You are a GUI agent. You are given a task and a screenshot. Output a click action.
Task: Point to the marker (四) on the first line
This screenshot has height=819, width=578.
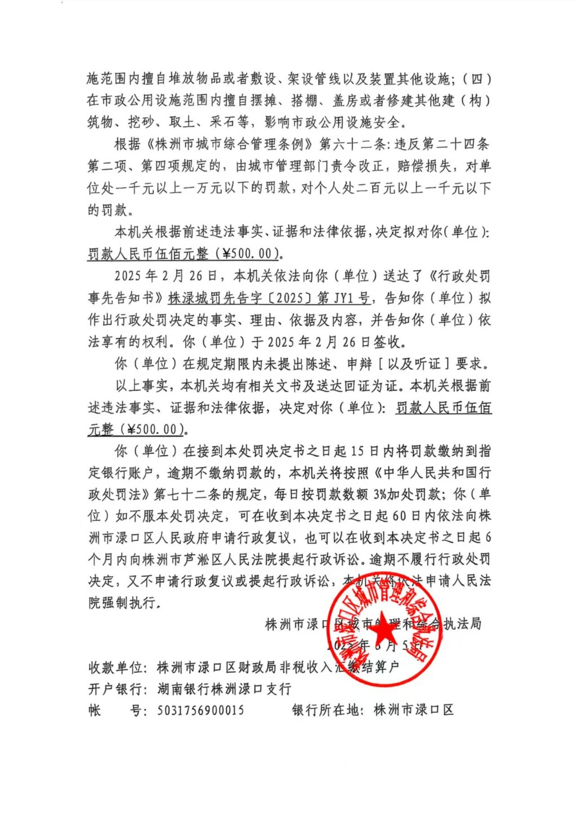477,78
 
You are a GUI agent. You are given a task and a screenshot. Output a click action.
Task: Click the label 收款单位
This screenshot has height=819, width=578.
116,668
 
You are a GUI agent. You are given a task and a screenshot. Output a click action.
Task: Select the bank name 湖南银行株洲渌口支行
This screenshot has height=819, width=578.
224,689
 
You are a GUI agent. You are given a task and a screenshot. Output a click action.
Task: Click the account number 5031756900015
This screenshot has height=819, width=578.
200,710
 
